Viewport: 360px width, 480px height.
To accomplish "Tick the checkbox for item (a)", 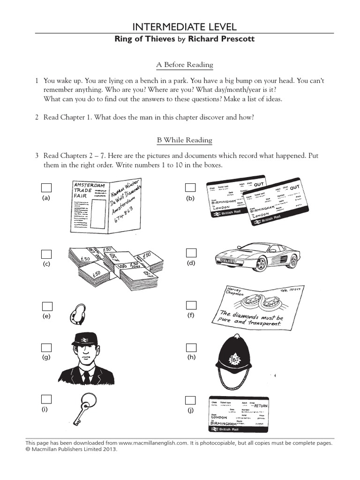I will [x=46, y=187].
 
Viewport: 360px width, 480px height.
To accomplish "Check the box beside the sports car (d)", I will [x=191, y=253].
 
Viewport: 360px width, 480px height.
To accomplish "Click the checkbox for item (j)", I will [x=190, y=400].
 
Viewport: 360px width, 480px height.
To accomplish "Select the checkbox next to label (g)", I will [x=46, y=348].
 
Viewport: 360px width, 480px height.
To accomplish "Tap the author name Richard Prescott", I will [x=221, y=39].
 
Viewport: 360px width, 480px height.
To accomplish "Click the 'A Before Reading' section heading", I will [x=184, y=65].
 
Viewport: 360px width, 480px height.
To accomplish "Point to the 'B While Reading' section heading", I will [x=184, y=140].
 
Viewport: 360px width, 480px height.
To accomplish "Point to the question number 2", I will [x=37, y=117].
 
